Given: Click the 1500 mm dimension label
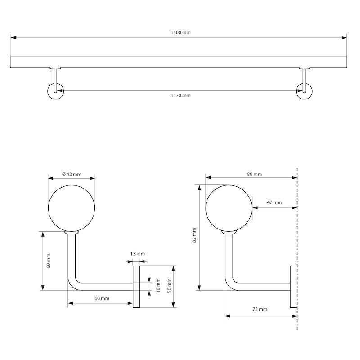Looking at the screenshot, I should click(180, 33).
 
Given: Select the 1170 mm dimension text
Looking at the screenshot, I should click(180, 95).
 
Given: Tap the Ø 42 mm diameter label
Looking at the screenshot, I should click(72, 174).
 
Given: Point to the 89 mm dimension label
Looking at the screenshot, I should click(255, 174).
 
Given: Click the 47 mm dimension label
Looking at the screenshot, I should click(274, 202).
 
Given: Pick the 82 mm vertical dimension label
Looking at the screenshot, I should click(194, 235).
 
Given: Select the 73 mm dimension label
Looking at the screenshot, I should click(260, 309).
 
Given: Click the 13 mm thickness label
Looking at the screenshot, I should click(137, 254).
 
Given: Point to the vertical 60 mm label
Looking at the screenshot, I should click(48, 261).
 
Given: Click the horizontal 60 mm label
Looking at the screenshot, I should click(102, 298).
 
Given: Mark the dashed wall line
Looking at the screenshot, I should click(297, 234).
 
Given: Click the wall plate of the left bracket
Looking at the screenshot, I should click(137, 287).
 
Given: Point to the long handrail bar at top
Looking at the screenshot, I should click(180, 62).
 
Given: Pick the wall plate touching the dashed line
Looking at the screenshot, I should click(293, 287).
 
